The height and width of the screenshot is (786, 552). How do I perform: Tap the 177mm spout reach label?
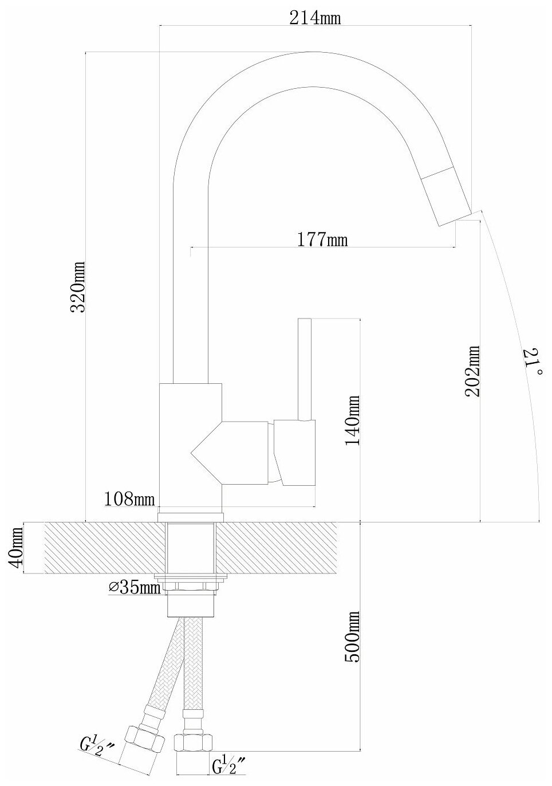click(322, 239)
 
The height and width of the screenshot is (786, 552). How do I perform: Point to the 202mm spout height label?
click(473, 371)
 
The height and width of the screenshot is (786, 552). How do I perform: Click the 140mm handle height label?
click(352, 420)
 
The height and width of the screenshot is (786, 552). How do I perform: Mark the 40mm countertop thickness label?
click(17, 548)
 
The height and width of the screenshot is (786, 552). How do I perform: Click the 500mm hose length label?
click(352, 636)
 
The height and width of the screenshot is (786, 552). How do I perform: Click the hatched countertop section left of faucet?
click(103, 548)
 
